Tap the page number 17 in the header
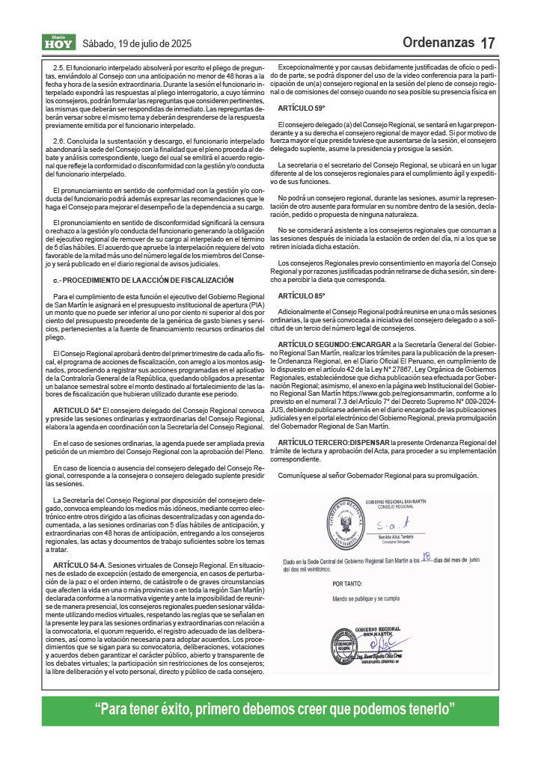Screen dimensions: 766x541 click(488, 43)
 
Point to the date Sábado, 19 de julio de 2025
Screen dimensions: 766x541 click(137, 43)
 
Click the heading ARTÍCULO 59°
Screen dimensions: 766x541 click(301, 108)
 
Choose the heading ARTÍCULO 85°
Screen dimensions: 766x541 click(301, 296)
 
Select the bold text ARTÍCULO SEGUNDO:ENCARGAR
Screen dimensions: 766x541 click(333, 343)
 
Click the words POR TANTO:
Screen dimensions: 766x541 click(347, 583)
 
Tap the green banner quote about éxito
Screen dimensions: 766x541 click(270, 709)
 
